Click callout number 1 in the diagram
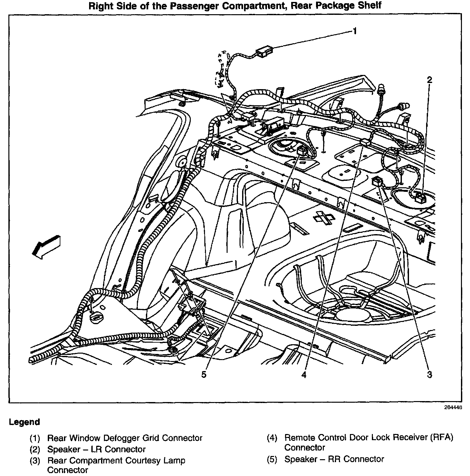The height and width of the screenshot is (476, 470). point(354,31)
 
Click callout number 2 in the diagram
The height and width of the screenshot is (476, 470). point(429,80)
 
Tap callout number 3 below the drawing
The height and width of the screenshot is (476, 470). point(429,375)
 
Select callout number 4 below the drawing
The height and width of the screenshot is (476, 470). point(304,375)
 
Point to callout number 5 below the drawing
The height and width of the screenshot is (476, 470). point(203,375)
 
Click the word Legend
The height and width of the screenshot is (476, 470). point(25,422)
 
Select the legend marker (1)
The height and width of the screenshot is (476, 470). point(35,438)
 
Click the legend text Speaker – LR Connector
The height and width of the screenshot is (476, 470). point(97,449)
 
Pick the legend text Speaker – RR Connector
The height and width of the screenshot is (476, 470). point(334,459)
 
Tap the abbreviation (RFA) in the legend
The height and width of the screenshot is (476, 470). point(442,438)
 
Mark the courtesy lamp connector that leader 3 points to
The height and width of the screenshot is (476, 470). point(377,181)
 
